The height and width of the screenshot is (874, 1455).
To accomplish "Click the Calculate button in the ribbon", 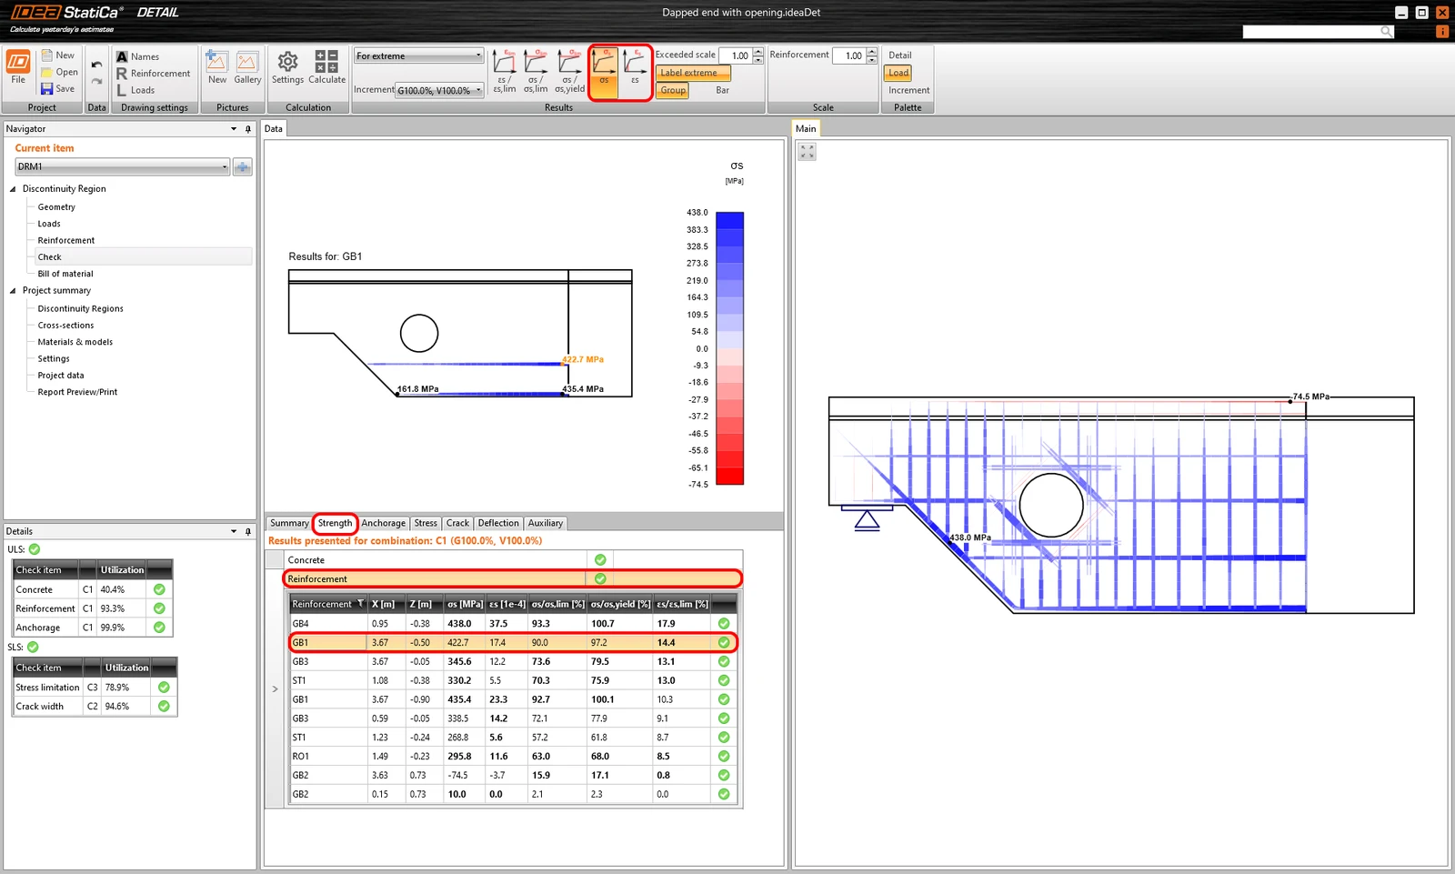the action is (326, 67).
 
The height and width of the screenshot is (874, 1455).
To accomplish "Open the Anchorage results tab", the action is (383, 523).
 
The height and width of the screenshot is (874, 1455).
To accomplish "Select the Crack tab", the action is (457, 523).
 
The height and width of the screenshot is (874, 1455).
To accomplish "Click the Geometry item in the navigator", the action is (56, 206).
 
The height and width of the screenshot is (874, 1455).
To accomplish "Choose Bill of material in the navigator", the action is (65, 274).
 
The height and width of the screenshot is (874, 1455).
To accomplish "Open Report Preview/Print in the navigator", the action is (77, 392).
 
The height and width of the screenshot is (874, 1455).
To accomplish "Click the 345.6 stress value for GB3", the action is (459, 661).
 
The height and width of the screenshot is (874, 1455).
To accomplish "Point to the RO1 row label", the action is (300, 757).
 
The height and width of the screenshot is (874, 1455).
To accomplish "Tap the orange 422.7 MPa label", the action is (583, 359).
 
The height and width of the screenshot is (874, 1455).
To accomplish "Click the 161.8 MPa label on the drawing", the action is (417, 389).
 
